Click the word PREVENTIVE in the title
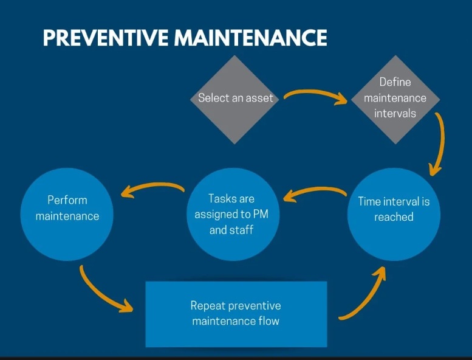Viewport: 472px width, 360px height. click(106, 38)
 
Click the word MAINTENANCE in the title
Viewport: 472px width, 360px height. click(250, 38)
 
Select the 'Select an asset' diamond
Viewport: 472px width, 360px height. click(235, 99)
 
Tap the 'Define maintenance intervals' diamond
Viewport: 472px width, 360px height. click(395, 99)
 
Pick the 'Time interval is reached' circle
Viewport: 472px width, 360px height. click(394, 214)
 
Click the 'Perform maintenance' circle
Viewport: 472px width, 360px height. click(67, 214)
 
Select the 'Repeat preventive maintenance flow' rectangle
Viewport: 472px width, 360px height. click(236, 314)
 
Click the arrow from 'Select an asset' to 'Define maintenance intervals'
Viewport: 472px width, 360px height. click(315, 92)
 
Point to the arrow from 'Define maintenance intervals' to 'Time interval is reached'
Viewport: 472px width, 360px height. click(442, 142)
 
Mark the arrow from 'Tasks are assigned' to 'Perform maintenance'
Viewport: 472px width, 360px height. click(152, 185)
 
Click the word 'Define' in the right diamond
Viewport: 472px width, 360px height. click(395, 82)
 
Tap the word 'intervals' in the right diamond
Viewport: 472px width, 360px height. click(395, 114)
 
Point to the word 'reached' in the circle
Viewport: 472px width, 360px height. click(394, 217)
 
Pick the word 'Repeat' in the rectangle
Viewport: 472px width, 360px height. click(208, 306)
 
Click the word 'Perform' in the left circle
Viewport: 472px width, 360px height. click(67, 200)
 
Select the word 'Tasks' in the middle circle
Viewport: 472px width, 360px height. click(220, 199)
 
